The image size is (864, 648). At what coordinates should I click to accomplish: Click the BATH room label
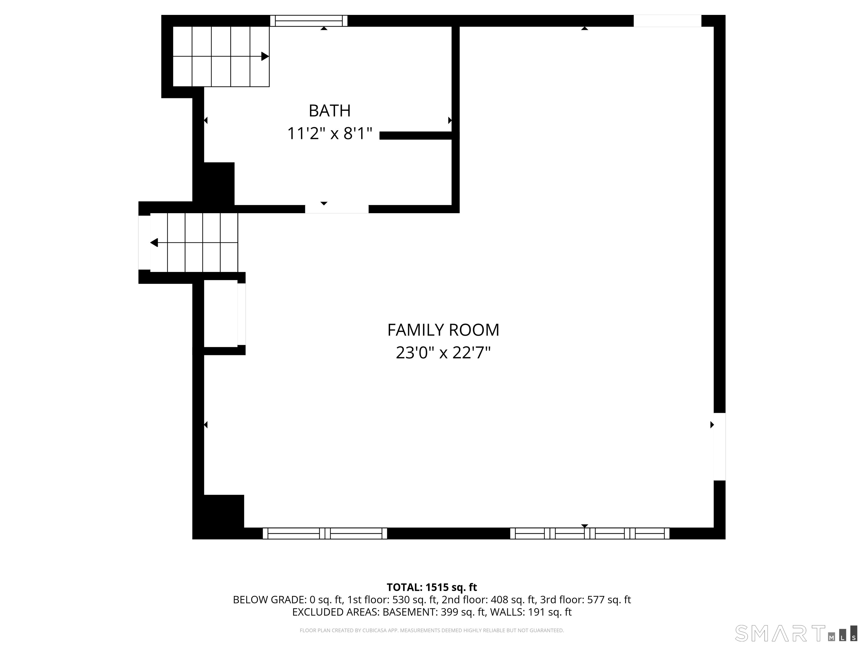pyautogui.click(x=330, y=111)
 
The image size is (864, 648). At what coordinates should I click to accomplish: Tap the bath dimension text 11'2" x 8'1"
pyautogui.click(x=330, y=134)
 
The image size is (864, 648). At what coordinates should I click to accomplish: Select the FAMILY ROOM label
pyautogui.click(x=443, y=330)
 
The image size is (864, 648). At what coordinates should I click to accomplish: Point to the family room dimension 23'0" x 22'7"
pyautogui.click(x=443, y=353)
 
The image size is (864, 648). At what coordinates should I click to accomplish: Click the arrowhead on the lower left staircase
pyautogui.click(x=154, y=242)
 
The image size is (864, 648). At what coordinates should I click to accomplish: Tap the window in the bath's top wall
pyautogui.click(x=309, y=21)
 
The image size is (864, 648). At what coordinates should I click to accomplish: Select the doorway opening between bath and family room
pyautogui.click(x=337, y=209)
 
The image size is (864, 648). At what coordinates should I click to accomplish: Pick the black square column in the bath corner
pyautogui.click(x=219, y=184)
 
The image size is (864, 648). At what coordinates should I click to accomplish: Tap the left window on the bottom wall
pyautogui.click(x=325, y=534)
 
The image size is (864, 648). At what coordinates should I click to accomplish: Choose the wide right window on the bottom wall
pyautogui.click(x=590, y=534)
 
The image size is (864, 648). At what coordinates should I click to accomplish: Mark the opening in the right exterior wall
pyautogui.click(x=719, y=446)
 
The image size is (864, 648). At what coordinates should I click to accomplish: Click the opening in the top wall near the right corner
pyautogui.click(x=667, y=21)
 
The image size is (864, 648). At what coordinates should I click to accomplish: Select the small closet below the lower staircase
pyautogui.click(x=221, y=313)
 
